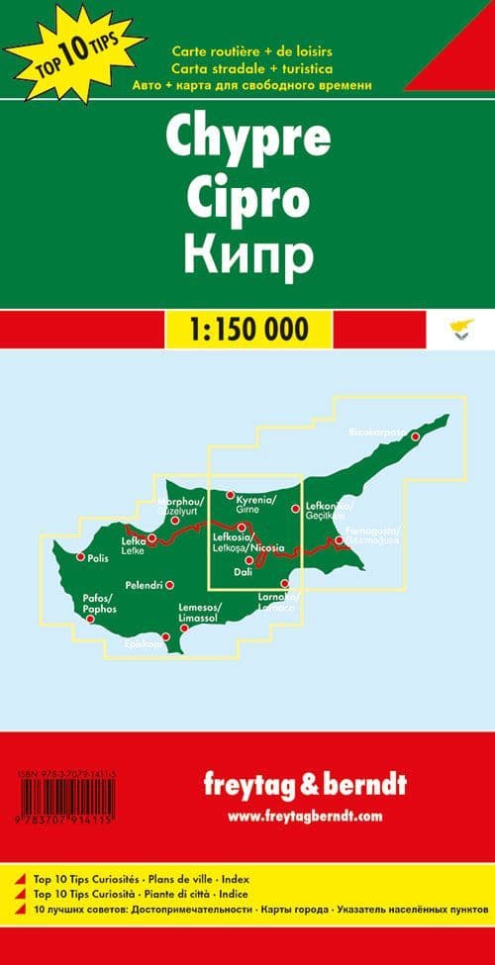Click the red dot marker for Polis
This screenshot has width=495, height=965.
click(80, 557)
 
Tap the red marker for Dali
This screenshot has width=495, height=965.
click(249, 560)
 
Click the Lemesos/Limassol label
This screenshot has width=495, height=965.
click(199, 612)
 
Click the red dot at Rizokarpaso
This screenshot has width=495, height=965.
click(416, 435)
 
